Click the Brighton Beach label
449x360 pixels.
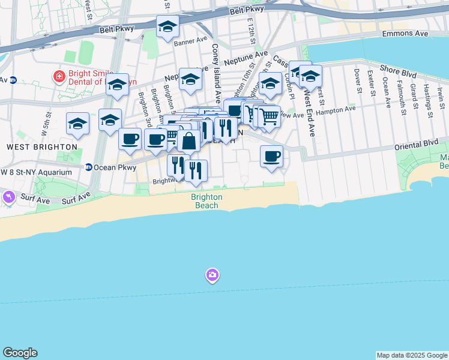(x=206, y=200)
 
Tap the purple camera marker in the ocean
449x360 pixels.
(x=211, y=275)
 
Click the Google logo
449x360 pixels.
(x=20, y=353)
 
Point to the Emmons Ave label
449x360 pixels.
(x=406, y=34)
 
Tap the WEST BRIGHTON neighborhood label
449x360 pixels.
(x=42, y=146)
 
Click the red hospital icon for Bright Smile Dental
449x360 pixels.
(x=59, y=76)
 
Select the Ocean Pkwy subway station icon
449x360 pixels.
(x=88, y=167)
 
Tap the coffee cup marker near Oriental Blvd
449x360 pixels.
(x=271, y=156)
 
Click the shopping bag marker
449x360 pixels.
(x=188, y=142)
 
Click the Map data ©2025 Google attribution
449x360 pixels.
(x=412, y=355)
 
